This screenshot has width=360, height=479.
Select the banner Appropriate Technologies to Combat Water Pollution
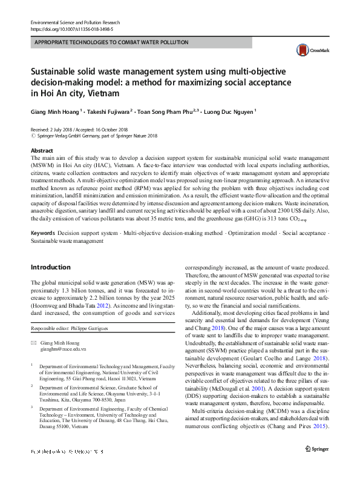pyautogui.click(x=111, y=42)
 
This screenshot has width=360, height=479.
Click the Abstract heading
pyautogui.click(x=41, y=150)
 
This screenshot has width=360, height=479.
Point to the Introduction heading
pyautogui.click(x=50, y=267)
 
